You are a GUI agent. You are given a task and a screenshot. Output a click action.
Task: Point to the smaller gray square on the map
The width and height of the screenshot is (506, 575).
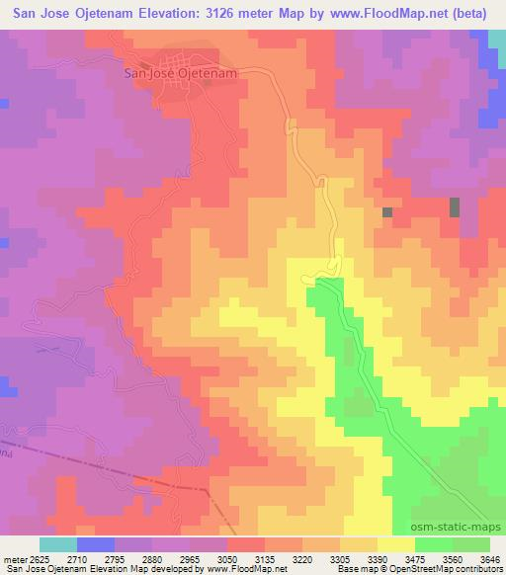387,212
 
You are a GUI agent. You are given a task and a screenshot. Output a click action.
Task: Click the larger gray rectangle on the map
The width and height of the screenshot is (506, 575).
455,207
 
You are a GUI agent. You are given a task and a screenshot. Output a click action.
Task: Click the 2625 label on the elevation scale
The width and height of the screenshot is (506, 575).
36,558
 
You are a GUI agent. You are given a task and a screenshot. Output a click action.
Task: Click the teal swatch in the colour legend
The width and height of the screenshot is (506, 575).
56,545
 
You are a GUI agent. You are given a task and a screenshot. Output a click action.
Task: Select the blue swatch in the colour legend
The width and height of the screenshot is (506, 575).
95,545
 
